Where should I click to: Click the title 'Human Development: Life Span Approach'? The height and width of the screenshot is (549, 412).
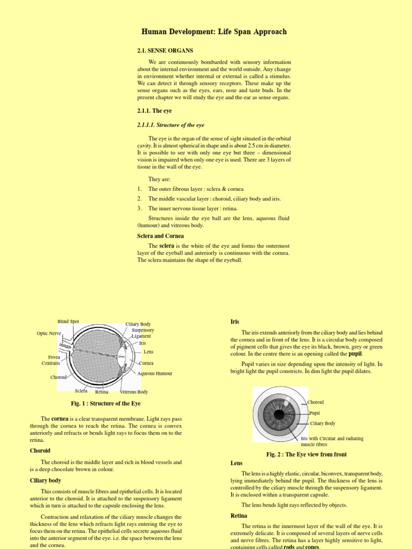tap(214, 32)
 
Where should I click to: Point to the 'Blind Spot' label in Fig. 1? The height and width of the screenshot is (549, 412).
tap(68, 322)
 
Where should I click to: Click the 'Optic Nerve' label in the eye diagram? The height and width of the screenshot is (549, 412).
tap(49, 333)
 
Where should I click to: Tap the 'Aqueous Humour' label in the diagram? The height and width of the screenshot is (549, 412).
tap(154, 373)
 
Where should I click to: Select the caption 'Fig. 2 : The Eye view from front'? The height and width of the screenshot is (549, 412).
tap(306, 454)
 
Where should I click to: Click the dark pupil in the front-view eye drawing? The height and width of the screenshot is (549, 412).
tap(278, 414)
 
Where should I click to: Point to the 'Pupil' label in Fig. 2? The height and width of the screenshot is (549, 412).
tap(314, 413)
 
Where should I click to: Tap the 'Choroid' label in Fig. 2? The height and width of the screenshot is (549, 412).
tap(315, 402)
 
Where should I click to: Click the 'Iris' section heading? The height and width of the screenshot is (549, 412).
tap(234, 321)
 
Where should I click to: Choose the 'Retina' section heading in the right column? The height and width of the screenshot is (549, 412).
tap(239, 515)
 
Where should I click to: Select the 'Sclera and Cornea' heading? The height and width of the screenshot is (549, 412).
tap(160, 236)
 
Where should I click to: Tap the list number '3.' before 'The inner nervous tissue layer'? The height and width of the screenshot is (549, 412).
tap(139, 208)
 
